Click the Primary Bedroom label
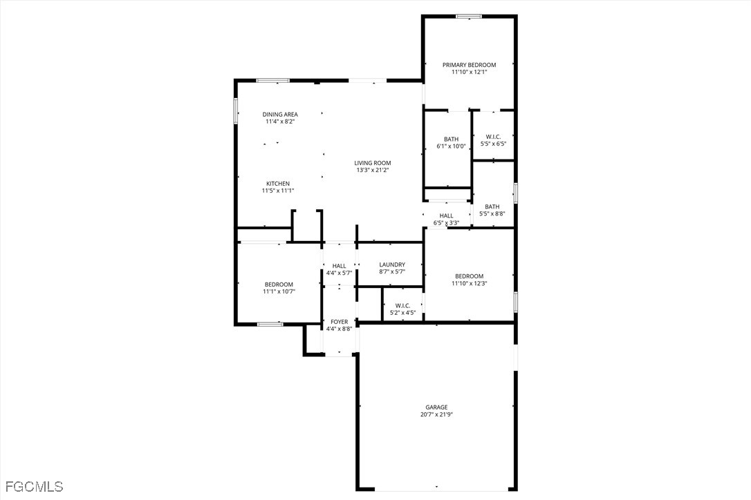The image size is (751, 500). pyautogui.click(x=469, y=65)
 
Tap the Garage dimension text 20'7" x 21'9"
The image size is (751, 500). pyautogui.click(x=436, y=415)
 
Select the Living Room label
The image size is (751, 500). pyautogui.click(x=373, y=163)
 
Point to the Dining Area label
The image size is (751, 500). pyautogui.click(x=279, y=115)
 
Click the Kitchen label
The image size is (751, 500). pyautogui.click(x=278, y=184)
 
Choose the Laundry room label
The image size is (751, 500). pyautogui.click(x=391, y=265)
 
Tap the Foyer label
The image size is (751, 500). pyautogui.click(x=339, y=322)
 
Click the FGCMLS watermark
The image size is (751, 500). pyautogui.click(x=33, y=487)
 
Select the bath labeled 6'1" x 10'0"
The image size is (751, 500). pyautogui.click(x=451, y=140)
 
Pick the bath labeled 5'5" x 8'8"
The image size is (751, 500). pyautogui.click(x=492, y=206)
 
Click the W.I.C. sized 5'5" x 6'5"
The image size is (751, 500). pyautogui.click(x=493, y=137)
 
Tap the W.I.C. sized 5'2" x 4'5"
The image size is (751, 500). pyautogui.click(x=402, y=305)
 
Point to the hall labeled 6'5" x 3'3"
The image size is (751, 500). pyautogui.click(x=446, y=215)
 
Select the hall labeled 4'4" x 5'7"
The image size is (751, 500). pyautogui.click(x=339, y=266)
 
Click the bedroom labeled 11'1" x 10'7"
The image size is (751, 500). pyautogui.click(x=278, y=285)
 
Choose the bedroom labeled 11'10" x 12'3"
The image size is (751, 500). pyautogui.click(x=468, y=276)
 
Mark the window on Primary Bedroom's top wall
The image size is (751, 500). pyautogui.click(x=469, y=16)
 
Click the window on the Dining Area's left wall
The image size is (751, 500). pyautogui.click(x=236, y=110)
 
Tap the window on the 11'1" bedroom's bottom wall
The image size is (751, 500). pyautogui.click(x=270, y=323)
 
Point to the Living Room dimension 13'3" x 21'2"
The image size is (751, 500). pyautogui.click(x=373, y=170)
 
